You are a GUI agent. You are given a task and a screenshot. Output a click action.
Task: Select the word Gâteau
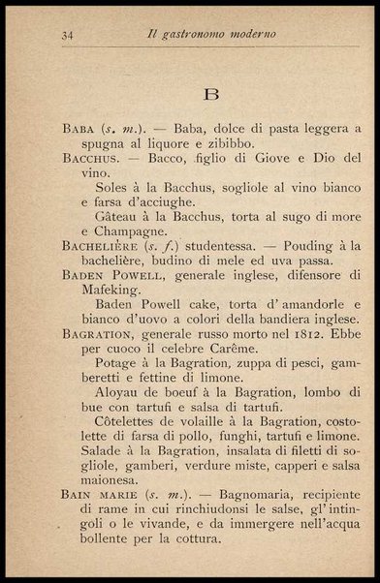point(119,219)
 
